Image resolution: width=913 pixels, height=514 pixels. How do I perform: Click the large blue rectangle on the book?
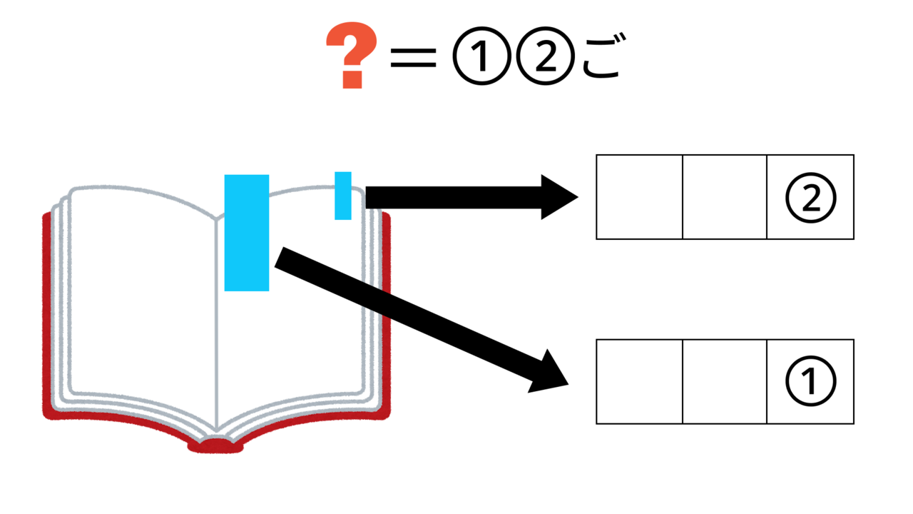click(x=246, y=232)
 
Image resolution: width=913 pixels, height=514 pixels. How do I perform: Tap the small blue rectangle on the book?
click(x=343, y=195)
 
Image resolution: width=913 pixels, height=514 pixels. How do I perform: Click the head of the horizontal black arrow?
click(x=560, y=196)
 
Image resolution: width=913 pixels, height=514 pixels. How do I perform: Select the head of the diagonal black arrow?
click(x=549, y=373)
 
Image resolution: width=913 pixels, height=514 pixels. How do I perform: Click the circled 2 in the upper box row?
click(x=810, y=198)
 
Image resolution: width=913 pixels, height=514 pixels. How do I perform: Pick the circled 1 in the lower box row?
click(x=810, y=382)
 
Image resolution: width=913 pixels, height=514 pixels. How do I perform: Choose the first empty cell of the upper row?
click(x=639, y=197)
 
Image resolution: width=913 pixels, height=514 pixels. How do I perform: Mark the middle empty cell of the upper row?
click(x=725, y=197)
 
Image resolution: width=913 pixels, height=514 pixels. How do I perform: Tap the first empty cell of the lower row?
click(x=639, y=382)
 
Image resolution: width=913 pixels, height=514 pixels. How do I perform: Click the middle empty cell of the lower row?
click(x=725, y=382)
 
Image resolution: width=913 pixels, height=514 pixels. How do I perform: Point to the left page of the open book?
click(x=143, y=300)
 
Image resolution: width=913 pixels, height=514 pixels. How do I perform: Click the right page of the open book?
click(x=314, y=336)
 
